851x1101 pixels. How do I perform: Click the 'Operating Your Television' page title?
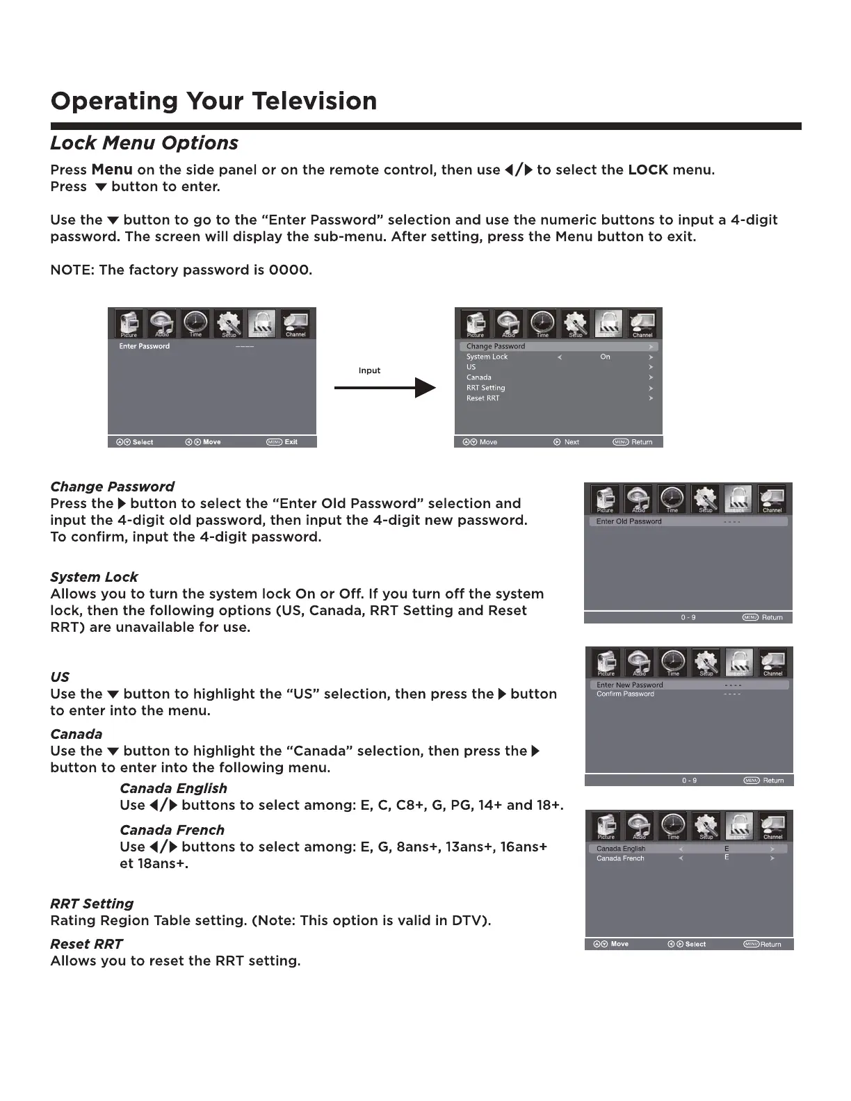tap(213, 101)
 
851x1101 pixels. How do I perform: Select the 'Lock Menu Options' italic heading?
tap(144, 143)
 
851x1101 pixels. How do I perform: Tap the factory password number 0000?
tap(289, 270)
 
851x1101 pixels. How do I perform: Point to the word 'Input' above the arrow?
tap(369, 370)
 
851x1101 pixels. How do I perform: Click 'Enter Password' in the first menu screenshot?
tap(145, 346)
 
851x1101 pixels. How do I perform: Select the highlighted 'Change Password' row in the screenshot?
tap(496, 346)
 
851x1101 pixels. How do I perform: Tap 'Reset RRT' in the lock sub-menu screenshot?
tap(483, 398)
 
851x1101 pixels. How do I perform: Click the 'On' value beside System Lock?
tap(605, 357)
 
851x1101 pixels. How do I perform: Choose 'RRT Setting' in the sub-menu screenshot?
tap(485, 388)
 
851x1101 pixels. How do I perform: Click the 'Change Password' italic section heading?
tap(112, 487)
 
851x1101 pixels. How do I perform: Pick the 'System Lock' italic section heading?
tap(94, 577)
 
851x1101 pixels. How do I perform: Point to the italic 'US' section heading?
tap(60, 677)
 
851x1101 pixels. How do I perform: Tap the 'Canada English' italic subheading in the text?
tap(173, 788)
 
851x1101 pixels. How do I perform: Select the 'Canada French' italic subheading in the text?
tap(172, 830)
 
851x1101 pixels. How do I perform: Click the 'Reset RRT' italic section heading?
tap(86, 944)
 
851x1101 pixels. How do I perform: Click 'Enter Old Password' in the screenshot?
tap(629, 521)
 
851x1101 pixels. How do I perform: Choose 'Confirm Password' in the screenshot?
tap(625, 694)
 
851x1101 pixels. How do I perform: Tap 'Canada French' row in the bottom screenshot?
tap(620, 858)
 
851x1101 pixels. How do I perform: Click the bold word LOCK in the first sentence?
tap(647, 170)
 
